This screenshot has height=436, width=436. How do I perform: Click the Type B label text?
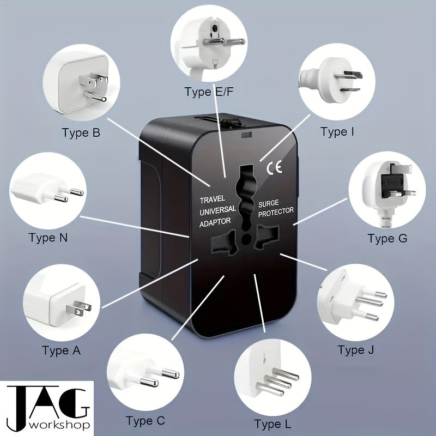(x=81, y=132)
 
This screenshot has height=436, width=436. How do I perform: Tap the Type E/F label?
(x=208, y=92)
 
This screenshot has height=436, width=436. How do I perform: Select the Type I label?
(x=337, y=131)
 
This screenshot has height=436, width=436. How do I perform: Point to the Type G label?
(x=387, y=238)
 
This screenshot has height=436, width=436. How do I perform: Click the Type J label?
(x=355, y=349)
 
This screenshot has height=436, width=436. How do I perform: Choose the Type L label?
(x=272, y=423)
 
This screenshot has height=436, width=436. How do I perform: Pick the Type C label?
(x=145, y=420)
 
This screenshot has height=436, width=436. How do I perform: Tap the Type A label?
(x=61, y=350)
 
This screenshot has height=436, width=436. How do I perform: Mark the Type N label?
(x=50, y=238)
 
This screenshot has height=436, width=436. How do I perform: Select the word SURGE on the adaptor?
(x=269, y=202)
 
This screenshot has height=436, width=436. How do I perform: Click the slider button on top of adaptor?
(x=227, y=120)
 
